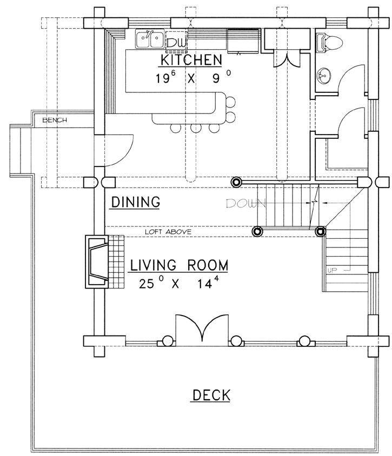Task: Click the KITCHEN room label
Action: tap(191, 60)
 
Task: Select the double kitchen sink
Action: tap(149, 38)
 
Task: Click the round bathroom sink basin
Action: tap(323, 75)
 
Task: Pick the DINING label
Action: tap(136, 202)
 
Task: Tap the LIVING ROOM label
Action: tap(179, 265)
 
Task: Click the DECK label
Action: tap(211, 395)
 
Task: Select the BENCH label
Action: tap(55, 120)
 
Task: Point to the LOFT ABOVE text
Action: tap(168, 232)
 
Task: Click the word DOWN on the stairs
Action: tap(245, 204)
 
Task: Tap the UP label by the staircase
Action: tap(332, 270)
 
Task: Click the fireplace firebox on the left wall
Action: tap(97, 261)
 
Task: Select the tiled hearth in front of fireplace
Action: tap(116, 261)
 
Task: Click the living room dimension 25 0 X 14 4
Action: tap(179, 283)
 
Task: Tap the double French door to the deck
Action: tap(202, 329)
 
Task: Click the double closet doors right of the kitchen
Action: tap(287, 59)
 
